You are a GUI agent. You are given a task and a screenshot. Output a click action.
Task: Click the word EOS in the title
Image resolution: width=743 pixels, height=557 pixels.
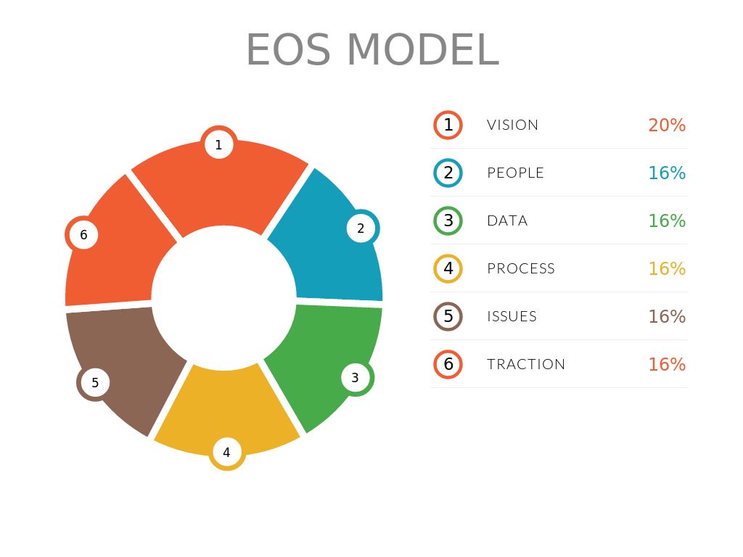tap(288, 50)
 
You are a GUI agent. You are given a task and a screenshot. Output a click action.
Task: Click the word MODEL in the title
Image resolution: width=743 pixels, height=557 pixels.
tap(423, 50)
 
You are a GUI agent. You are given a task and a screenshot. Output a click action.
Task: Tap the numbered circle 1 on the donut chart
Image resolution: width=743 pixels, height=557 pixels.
tap(219, 144)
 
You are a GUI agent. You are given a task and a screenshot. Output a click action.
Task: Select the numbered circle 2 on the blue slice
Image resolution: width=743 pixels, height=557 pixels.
tap(361, 228)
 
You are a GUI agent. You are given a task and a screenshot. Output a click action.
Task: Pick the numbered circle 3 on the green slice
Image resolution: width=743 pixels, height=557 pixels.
tap(356, 377)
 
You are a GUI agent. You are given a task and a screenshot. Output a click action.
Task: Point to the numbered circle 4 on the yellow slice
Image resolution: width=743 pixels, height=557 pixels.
tap(227, 452)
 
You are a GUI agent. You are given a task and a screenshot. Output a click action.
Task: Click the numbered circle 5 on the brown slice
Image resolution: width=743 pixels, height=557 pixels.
tap(95, 382)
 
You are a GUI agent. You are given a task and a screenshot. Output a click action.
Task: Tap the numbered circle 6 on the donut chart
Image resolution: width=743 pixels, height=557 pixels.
tap(83, 234)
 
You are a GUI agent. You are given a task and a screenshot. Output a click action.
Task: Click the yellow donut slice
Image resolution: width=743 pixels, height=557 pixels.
tap(226, 408)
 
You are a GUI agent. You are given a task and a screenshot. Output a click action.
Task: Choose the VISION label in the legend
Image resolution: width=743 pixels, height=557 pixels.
tap(513, 125)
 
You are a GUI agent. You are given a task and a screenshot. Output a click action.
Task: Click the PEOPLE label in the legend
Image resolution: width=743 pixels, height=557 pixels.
tap(516, 173)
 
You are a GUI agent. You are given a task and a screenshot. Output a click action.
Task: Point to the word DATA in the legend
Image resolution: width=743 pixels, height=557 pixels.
tap(507, 220)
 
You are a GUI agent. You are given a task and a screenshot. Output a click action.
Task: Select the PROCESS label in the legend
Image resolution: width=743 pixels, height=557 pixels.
tap(521, 268)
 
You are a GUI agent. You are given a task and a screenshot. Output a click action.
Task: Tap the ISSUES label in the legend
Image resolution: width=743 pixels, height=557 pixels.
tap(512, 316)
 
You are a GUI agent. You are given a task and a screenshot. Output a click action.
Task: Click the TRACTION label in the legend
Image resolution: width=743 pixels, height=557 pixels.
tap(526, 364)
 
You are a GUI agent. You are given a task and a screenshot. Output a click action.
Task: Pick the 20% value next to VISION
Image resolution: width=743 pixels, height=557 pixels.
tap(668, 125)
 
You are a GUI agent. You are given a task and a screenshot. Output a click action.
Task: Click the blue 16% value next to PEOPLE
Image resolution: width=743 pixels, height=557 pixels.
tap(668, 173)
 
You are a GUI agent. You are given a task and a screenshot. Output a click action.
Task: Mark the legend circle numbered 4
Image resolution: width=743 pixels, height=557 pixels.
tap(448, 268)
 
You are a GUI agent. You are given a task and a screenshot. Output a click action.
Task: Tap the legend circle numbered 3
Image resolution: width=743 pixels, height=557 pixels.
tap(448, 220)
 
